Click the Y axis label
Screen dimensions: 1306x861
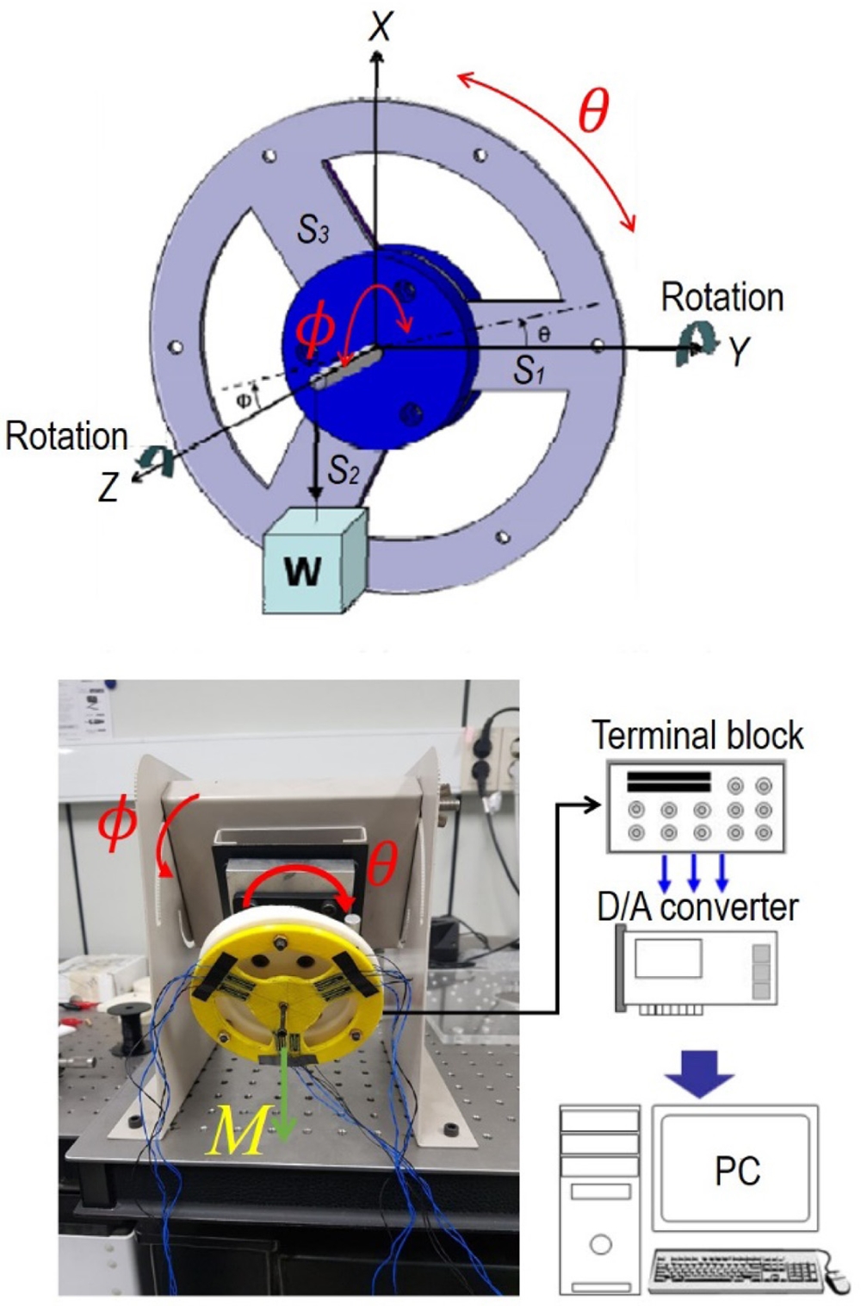(x=738, y=351)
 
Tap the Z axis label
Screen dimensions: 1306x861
(x=108, y=488)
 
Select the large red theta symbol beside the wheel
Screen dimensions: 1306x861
(x=593, y=110)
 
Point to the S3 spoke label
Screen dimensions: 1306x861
(x=313, y=229)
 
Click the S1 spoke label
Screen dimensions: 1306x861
(x=529, y=370)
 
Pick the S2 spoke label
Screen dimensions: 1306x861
(x=343, y=470)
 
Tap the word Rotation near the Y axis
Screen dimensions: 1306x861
(x=722, y=297)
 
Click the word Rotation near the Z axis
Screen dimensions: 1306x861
(x=66, y=436)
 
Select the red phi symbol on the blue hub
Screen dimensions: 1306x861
(x=316, y=331)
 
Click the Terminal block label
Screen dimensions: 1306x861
(x=697, y=736)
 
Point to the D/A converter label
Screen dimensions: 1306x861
(x=697, y=906)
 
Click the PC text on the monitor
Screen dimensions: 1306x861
(x=737, y=1170)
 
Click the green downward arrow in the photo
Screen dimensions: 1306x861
(x=285, y=1103)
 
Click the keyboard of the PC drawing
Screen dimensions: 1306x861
(x=736, y=1271)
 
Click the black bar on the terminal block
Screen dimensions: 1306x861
(x=668, y=782)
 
